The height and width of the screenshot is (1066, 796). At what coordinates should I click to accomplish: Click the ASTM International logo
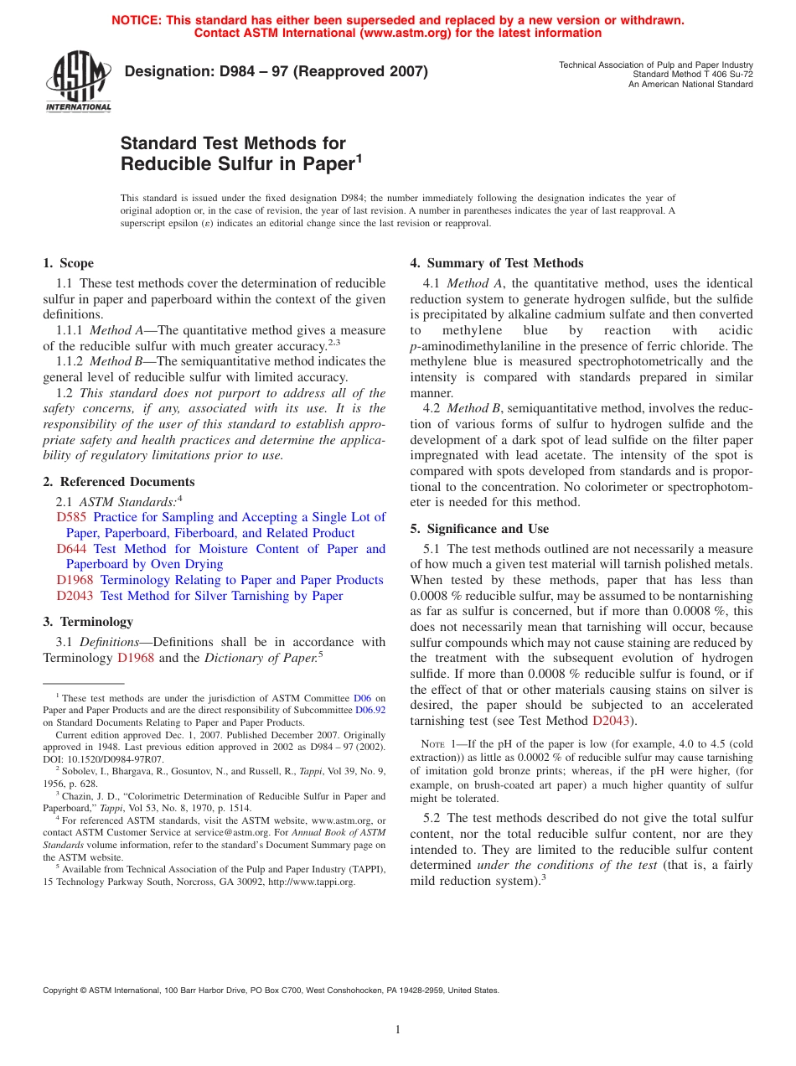click(x=78, y=82)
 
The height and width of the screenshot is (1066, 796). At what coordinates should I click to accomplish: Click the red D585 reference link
click(x=72, y=517)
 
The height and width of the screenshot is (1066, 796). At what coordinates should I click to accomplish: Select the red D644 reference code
click(x=72, y=549)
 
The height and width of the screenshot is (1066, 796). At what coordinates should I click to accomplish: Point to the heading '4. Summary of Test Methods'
click(x=496, y=263)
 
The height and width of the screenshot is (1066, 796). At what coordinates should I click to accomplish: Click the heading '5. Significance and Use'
click(x=479, y=529)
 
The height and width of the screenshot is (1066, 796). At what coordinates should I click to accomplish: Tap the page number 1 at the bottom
click(x=398, y=1030)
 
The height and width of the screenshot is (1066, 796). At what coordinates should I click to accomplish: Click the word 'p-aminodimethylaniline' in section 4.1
click(x=471, y=346)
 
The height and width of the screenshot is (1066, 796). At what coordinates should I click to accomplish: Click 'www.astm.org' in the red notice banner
click(x=405, y=34)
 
